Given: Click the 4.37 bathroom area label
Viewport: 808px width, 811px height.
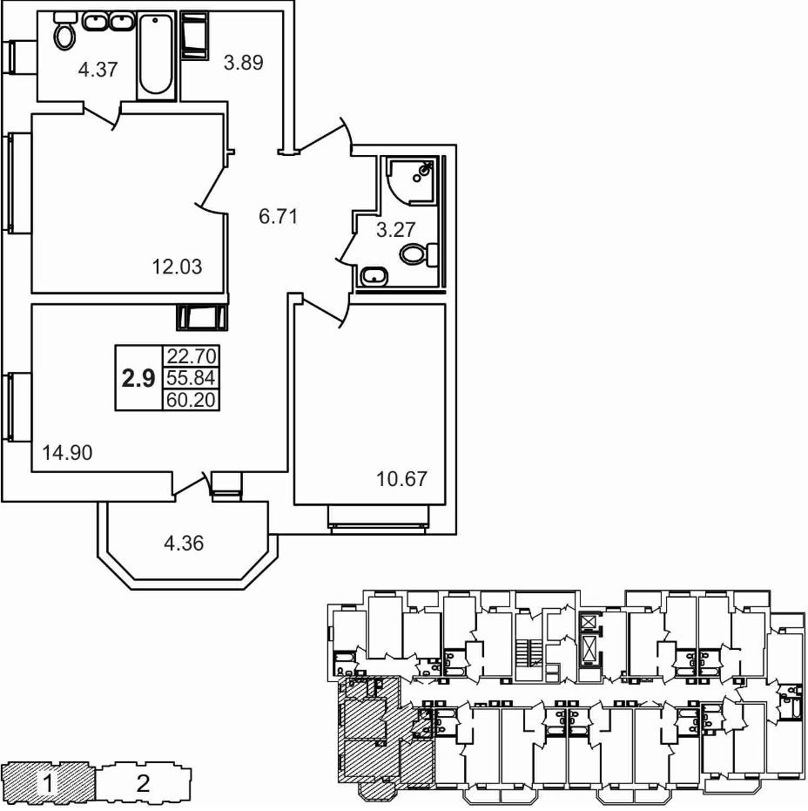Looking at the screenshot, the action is (x=98, y=71).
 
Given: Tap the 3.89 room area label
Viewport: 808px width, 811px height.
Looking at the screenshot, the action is (x=243, y=62).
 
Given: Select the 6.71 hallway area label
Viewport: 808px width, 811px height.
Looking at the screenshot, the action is (x=279, y=216).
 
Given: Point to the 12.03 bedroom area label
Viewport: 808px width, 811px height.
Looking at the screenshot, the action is (x=177, y=267).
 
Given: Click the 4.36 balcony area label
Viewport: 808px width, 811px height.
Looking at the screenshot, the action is (x=185, y=544).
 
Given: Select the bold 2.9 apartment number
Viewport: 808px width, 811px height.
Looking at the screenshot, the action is (x=138, y=378).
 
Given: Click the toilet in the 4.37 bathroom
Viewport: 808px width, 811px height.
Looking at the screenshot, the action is (x=64, y=33).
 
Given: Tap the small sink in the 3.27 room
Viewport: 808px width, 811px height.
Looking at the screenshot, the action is (x=375, y=276).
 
